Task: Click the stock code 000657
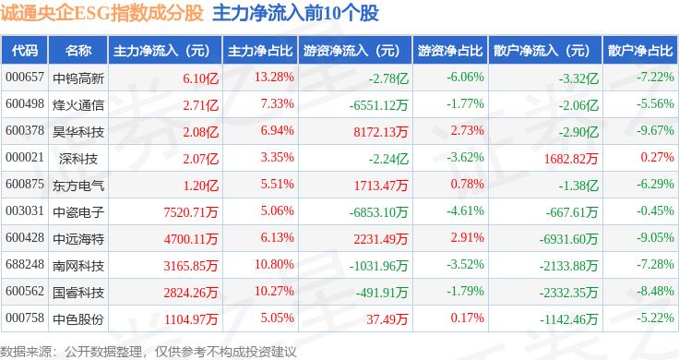tap(25, 78)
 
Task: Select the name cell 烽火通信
tap(78, 105)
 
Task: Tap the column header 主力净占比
tap(260, 51)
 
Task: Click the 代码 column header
tap(25, 51)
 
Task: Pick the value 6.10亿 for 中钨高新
tap(200, 78)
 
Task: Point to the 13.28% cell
tap(274, 78)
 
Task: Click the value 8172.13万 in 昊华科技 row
tap(381, 132)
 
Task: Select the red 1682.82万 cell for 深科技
tap(571, 159)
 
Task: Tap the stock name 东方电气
tap(78, 186)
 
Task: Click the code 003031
tap(25, 211)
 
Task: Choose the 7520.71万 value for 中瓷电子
tap(191, 212)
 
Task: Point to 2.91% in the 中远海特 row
tap(467, 237)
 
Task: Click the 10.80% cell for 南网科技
tap(274, 264)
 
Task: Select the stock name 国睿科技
tap(78, 293)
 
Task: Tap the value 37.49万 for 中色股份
tap(387, 319)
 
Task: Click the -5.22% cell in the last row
tap(655, 318)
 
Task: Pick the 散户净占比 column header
tap(640, 51)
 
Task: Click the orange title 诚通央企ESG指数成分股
tap(101, 14)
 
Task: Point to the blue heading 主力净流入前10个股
tap(295, 14)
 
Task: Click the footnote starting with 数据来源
tap(149, 352)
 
